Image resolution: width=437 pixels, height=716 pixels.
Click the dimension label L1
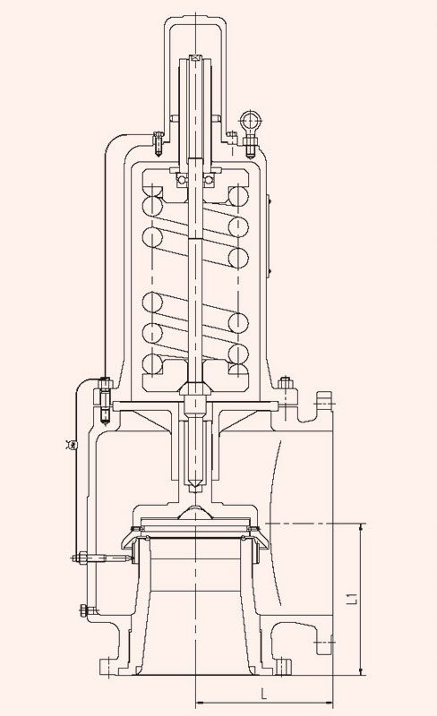click(x=352, y=599)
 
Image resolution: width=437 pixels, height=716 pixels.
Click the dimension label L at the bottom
click(x=264, y=695)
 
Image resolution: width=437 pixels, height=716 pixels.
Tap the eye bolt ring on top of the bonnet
click(x=249, y=121)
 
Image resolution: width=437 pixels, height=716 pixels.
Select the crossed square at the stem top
click(x=195, y=58)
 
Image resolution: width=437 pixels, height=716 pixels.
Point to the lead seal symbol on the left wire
click(x=71, y=444)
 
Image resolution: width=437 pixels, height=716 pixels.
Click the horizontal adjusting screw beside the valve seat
click(x=103, y=558)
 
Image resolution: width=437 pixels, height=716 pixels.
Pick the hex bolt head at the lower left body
click(x=85, y=610)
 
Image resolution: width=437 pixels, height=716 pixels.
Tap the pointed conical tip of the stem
click(x=195, y=487)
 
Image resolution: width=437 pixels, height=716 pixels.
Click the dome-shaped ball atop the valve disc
click(x=195, y=512)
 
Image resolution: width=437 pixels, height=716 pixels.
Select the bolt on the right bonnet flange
click(x=286, y=383)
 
